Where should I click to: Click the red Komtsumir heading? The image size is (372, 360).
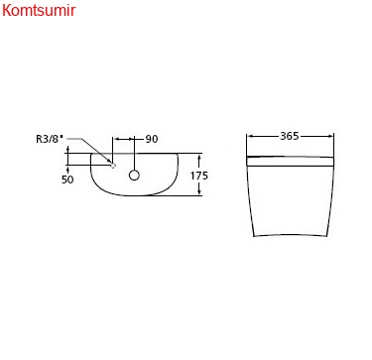point(39,11)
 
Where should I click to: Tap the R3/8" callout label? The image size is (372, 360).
point(50,139)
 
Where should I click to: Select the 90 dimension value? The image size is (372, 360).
point(152,139)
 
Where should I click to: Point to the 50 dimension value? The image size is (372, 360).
point(67,180)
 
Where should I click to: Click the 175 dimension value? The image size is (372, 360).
point(199,176)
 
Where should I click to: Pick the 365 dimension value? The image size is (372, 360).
point(290,136)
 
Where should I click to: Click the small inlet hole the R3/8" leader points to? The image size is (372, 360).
point(113,166)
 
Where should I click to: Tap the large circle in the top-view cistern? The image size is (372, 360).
point(134,176)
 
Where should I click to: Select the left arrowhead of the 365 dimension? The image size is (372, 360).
point(251,136)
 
